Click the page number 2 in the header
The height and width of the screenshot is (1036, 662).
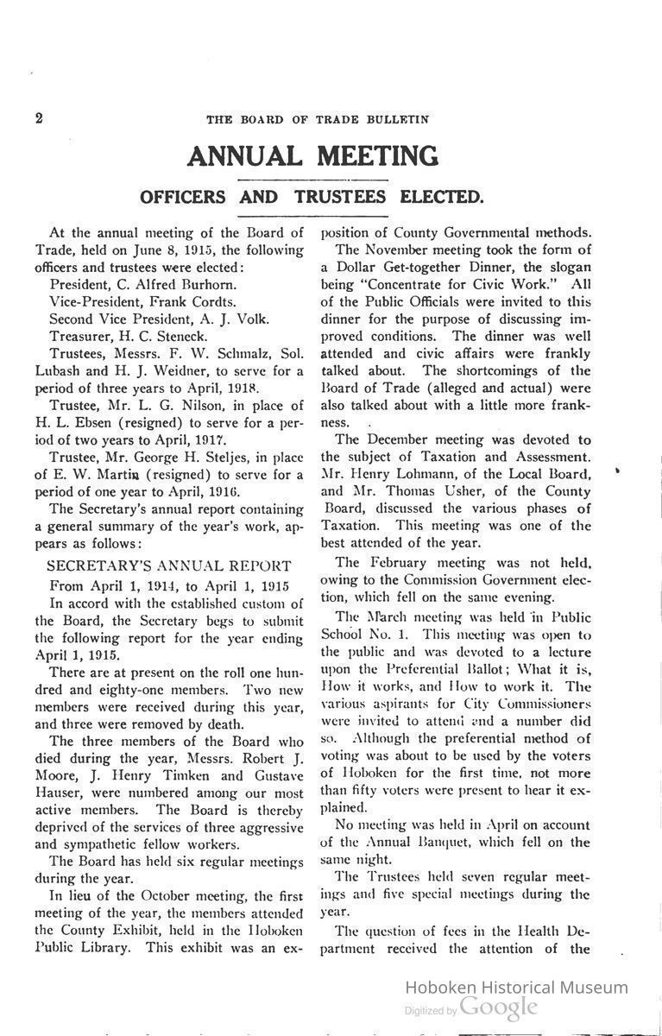(x=39, y=119)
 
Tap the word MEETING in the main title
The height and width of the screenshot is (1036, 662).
(x=376, y=156)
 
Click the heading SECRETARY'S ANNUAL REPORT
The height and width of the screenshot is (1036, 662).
(x=168, y=566)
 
